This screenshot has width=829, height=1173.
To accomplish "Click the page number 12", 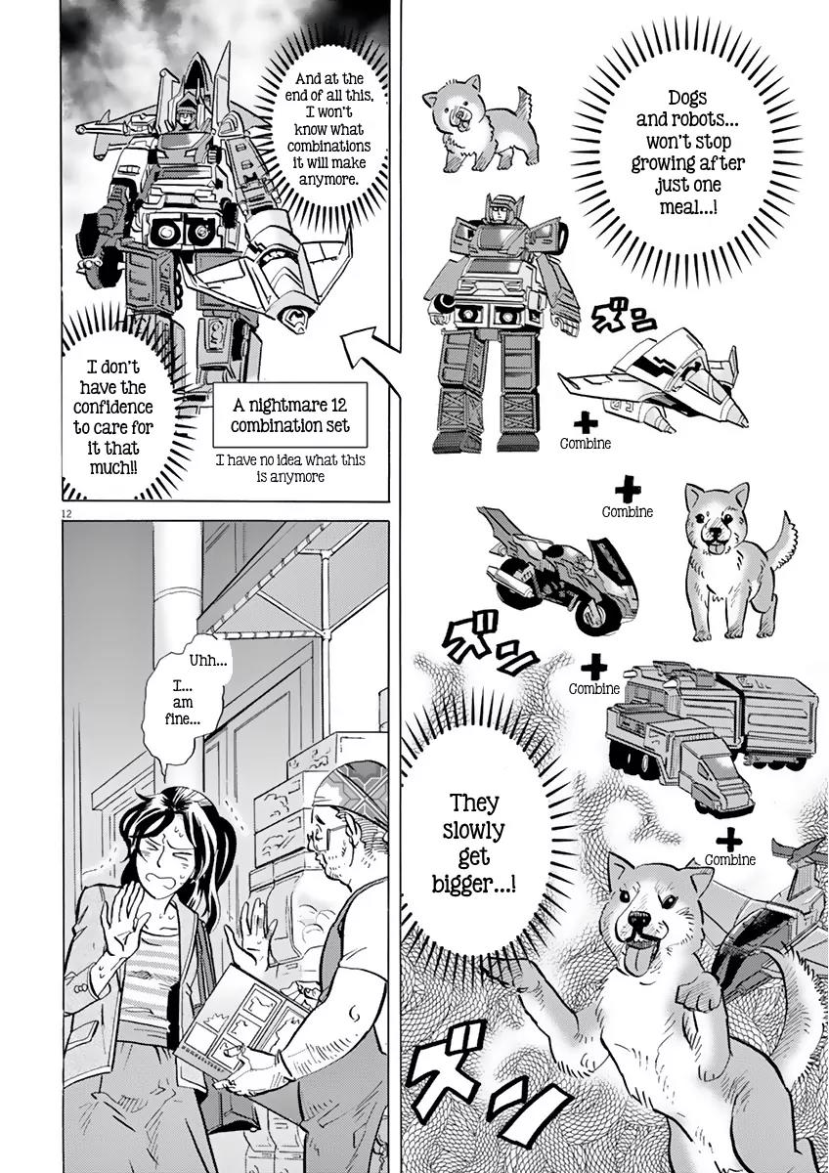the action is coord(66,514).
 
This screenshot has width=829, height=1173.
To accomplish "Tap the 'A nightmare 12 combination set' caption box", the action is coord(289,414).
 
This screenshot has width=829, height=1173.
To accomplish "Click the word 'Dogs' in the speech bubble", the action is coord(686,98).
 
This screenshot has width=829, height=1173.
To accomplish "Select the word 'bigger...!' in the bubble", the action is coord(473,885).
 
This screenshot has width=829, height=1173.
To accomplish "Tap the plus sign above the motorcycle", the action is coord(628,490).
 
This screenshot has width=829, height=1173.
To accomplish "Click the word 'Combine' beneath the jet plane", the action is coord(585,444).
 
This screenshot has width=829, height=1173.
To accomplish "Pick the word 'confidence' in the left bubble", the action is coord(113,407).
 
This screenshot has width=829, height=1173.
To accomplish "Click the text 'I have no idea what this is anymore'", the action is coord(290,468).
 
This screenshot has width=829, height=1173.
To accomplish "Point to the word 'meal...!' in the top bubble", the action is coord(688,207).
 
